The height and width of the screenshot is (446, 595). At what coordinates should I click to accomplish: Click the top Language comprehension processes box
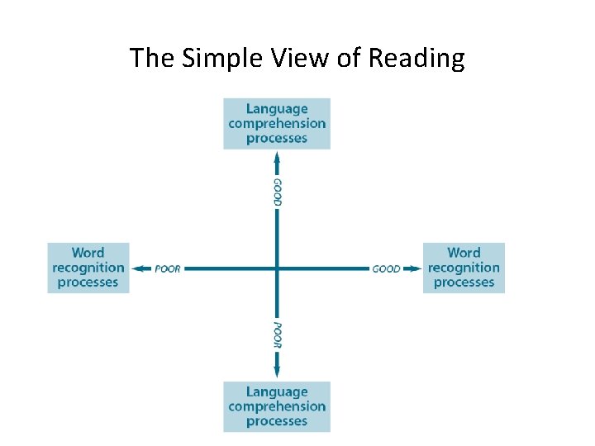[277, 124]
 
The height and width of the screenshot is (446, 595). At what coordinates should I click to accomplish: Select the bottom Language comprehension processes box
[277, 406]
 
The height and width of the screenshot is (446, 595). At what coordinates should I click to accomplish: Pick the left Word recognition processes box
[88, 268]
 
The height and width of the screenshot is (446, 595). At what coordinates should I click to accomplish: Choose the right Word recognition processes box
[464, 268]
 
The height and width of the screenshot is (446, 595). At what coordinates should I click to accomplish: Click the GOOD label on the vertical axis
[278, 192]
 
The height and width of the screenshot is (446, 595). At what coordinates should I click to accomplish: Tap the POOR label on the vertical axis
[278, 335]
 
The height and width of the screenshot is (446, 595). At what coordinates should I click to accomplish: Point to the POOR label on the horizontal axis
[168, 268]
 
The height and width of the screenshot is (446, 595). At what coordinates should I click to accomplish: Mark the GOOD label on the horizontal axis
[386, 268]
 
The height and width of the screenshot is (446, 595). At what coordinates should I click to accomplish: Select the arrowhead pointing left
[139, 268]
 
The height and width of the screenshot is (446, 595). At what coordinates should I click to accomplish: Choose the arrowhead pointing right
[416, 268]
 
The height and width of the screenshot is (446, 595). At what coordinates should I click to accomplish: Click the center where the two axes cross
[277, 268]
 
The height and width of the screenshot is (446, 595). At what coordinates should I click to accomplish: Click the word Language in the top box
[277, 109]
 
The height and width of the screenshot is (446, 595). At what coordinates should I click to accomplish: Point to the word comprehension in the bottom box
[277, 406]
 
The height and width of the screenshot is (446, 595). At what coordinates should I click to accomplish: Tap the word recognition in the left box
[88, 268]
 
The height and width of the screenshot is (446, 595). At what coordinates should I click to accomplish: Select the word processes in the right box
[464, 282]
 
